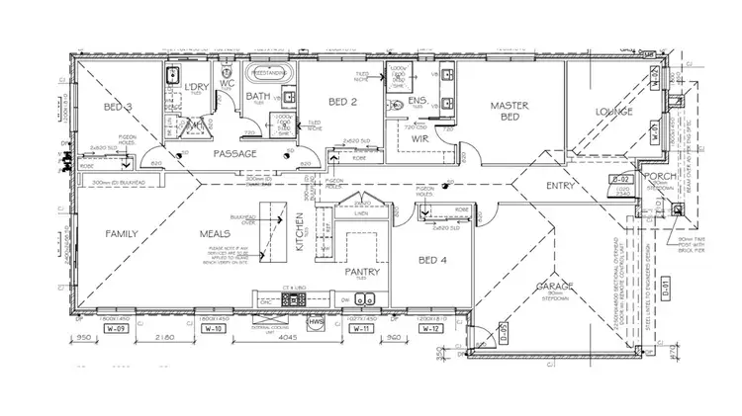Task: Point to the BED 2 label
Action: [341, 101]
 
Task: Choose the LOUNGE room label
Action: [614, 112]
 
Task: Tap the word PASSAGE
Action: [233, 153]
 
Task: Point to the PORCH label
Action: [657, 179]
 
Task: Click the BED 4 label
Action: [431, 260]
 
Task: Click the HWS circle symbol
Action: [317, 323]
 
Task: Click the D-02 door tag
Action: [621, 179]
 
